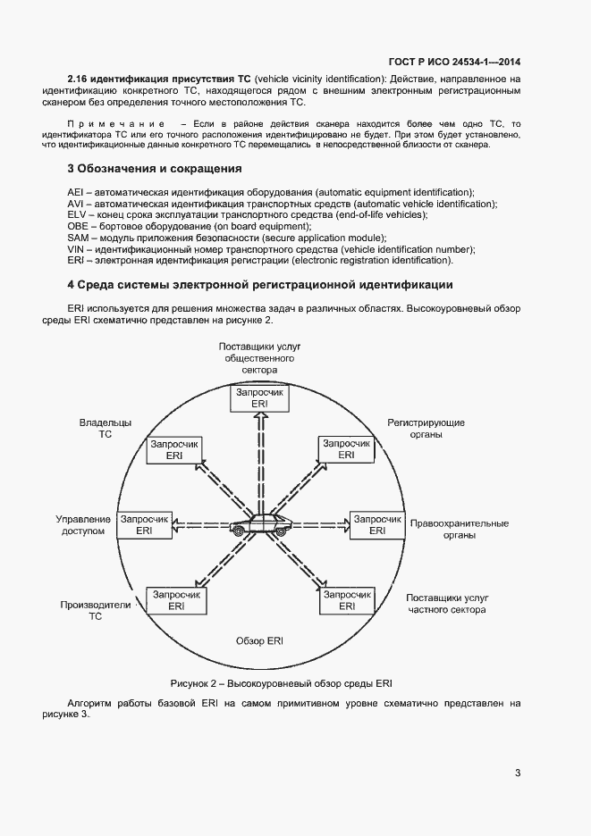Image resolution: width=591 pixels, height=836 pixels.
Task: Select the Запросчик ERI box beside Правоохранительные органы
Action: click(376, 524)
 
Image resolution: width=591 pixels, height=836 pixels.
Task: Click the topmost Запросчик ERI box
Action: click(260, 398)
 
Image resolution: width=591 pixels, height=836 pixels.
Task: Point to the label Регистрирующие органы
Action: click(426, 428)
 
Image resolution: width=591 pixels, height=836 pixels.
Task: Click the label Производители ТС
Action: click(96, 610)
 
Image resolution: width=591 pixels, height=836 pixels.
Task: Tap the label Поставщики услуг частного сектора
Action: click(445, 604)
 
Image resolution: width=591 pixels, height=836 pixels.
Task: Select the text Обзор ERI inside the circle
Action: click(259, 641)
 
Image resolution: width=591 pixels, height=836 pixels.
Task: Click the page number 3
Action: click(518, 773)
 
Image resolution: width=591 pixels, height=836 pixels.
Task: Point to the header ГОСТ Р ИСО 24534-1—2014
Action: click(454, 62)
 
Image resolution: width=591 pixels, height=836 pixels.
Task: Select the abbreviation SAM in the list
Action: click(78, 238)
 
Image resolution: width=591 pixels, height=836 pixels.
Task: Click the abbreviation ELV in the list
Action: click(77, 215)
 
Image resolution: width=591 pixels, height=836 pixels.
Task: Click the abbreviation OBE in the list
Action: click(78, 227)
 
